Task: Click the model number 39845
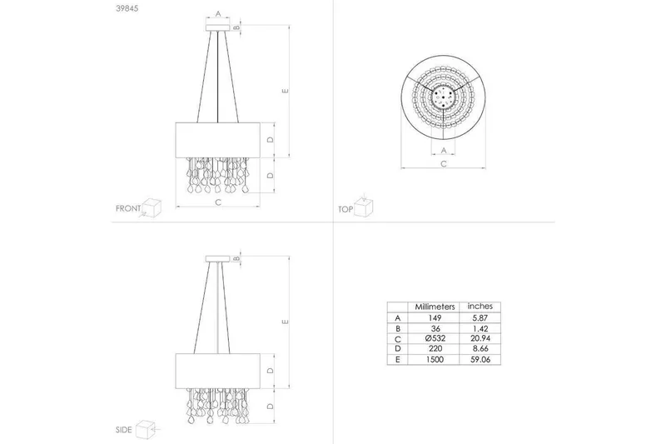[x=127, y=8]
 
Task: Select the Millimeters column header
[x=435, y=307]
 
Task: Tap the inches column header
[x=480, y=306]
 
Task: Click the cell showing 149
[x=435, y=318]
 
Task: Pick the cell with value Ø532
[x=435, y=339]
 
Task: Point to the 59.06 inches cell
[x=480, y=360]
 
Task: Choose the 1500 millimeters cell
[x=435, y=360]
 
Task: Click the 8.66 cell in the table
[x=480, y=349]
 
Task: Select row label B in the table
[x=398, y=328]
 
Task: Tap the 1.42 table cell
[x=480, y=328]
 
